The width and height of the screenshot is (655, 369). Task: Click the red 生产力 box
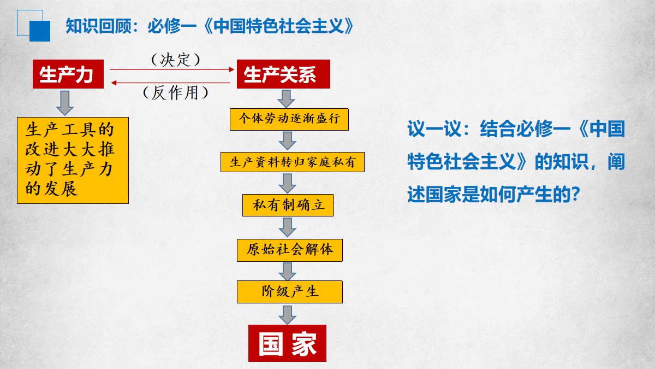click(68, 74)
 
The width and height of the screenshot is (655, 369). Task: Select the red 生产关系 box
click(283, 74)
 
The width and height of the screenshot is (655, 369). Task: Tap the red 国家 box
click(288, 343)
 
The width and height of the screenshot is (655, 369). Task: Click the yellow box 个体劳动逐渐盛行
click(289, 120)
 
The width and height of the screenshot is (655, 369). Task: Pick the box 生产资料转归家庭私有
click(293, 162)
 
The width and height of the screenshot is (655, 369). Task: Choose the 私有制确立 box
click(288, 206)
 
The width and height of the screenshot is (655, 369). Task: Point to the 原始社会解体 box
click(290, 250)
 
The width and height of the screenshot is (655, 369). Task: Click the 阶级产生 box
click(290, 292)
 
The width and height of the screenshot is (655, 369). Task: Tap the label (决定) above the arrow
click(175, 60)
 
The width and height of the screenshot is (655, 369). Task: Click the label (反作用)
click(175, 93)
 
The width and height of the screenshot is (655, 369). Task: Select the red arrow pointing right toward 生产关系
click(172, 69)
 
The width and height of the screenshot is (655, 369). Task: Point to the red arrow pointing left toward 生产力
click(171, 83)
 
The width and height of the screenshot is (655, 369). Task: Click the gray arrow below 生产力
click(65, 103)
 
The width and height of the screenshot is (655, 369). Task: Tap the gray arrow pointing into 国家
click(288, 315)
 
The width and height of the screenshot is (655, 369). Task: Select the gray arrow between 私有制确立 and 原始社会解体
click(288, 227)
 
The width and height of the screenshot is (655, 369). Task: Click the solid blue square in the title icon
click(40, 31)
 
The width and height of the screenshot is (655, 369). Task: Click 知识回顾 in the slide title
click(99, 26)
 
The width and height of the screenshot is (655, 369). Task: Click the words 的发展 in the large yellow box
click(51, 188)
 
